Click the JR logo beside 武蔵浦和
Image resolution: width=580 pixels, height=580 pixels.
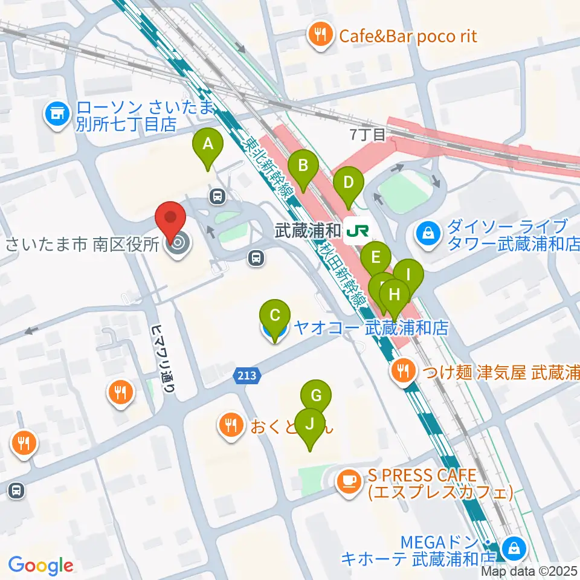point(356,230)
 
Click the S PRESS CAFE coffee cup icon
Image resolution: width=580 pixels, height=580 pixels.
point(349,480)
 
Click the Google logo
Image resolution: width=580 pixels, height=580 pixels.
point(41,565)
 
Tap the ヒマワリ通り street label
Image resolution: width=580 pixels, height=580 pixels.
point(160,359)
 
